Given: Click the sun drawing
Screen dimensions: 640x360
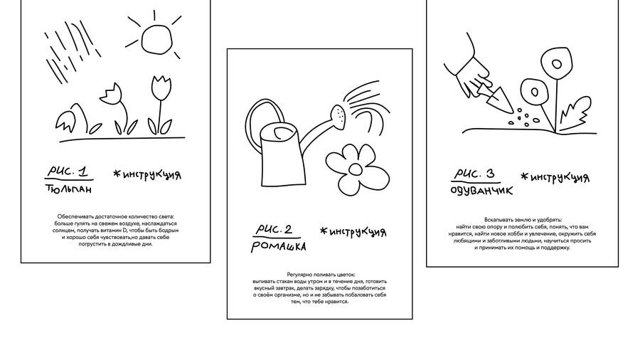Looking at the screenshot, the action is pos(156,39).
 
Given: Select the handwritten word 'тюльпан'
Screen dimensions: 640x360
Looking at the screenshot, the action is pos(68,189).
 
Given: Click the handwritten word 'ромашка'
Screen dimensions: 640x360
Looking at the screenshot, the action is pos(279,247).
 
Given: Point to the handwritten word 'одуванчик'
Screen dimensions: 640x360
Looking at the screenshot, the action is pos(481,190).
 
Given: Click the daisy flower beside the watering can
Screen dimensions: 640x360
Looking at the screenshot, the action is pos(358,169).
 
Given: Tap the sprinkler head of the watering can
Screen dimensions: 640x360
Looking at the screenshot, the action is pos(338,115).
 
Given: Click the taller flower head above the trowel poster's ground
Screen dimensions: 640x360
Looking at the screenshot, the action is pos(556,63).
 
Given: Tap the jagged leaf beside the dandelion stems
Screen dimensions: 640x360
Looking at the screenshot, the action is pos(575,110).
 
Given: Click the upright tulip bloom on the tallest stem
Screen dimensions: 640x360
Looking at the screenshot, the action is pos(161,88).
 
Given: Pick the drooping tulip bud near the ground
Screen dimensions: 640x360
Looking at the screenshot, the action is pos(65,121).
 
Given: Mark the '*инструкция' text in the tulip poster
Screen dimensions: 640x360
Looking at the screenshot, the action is pos(147,175).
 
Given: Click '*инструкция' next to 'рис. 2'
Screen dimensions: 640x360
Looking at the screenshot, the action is pos(353,232).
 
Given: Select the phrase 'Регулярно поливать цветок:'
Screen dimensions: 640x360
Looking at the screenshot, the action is pos(321,275).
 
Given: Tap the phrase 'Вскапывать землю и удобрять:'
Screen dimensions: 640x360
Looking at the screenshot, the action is pos(523,220).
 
